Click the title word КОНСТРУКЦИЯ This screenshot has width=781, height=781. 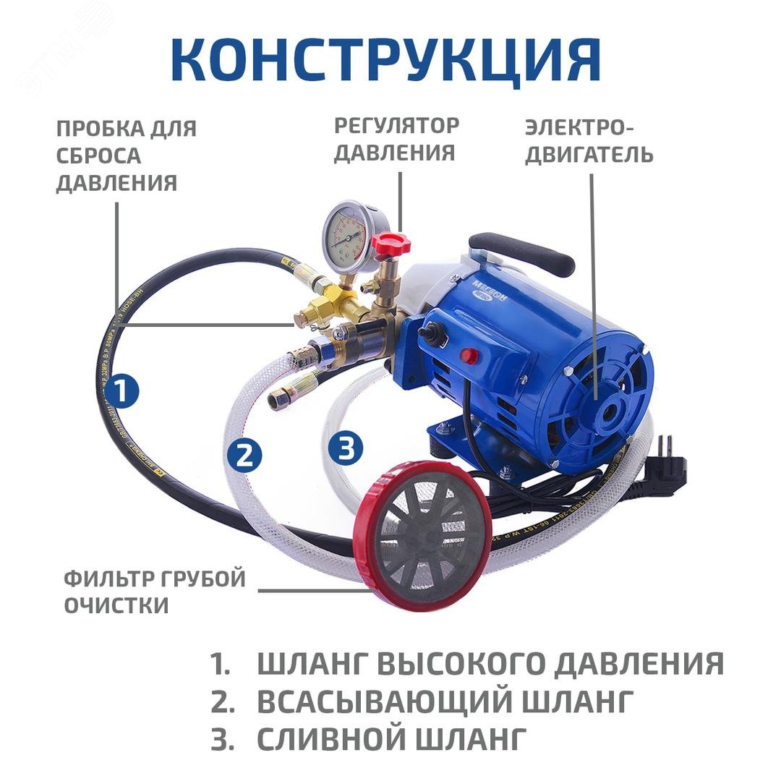tap(386, 59)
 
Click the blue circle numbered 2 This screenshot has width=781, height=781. tap(244, 455)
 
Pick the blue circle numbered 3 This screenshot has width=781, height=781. tap(345, 448)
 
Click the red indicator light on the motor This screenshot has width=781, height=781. tap(469, 356)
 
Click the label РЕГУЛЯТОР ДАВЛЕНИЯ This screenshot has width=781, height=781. tap(396, 139)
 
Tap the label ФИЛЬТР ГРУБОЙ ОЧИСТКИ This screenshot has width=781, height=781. tap(155, 592)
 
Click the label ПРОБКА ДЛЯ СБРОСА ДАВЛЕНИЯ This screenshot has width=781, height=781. tap(127, 155)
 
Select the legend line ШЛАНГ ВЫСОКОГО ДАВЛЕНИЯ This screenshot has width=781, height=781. tap(490, 663)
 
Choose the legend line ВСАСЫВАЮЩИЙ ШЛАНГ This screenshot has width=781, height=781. tap(445, 700)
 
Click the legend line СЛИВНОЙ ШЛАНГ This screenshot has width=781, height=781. tap(388, 738)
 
